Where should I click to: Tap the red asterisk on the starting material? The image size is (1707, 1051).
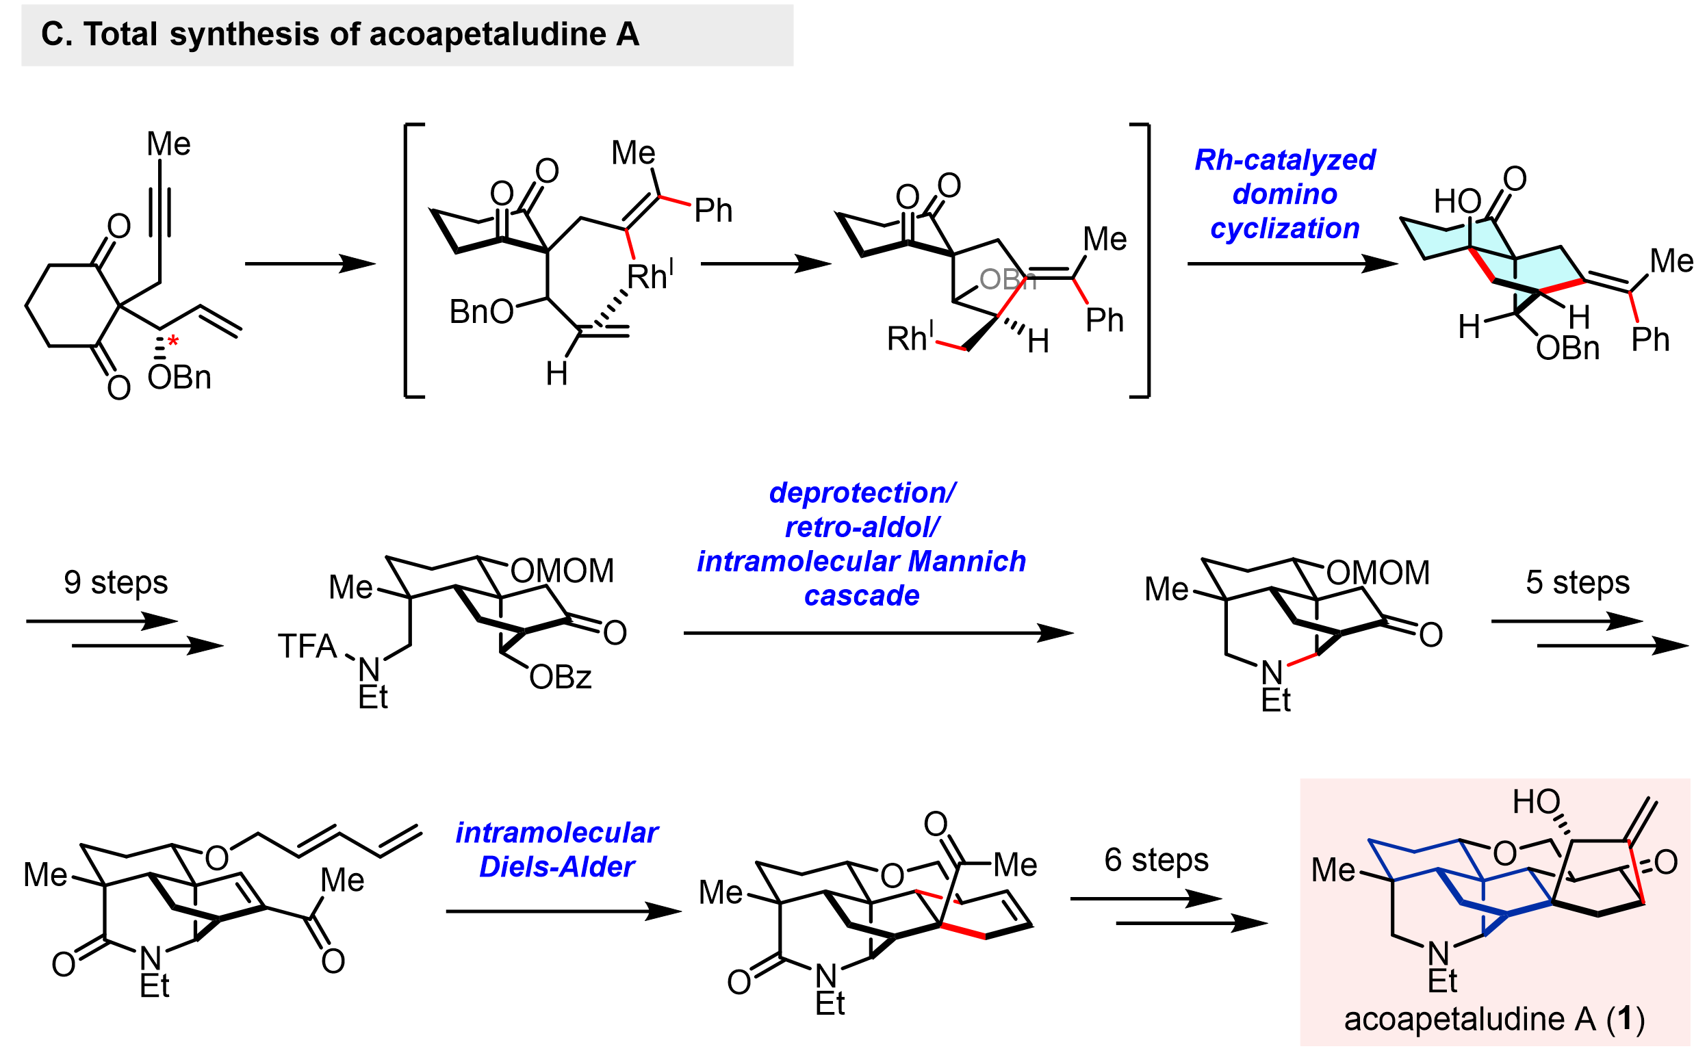(173, 341)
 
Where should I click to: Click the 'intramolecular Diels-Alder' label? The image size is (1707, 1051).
(556, 849)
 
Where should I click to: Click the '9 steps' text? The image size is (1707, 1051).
(116, 582)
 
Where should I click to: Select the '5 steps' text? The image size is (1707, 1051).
(1577, 582)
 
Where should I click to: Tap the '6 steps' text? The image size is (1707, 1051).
(1155, 860)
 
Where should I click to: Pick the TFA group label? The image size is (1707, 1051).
(307, 647)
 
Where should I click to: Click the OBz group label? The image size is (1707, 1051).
(560, 677)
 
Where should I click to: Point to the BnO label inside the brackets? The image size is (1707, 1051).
(480, 312)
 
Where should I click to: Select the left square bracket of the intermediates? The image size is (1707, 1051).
(410, 261)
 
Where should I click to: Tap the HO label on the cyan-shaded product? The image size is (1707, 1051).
(1456, 202)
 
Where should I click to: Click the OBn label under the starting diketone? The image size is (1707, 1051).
(179, 378)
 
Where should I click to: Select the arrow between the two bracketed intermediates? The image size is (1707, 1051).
(765, 264)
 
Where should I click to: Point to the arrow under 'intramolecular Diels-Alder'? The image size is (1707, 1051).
(563, 911)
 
